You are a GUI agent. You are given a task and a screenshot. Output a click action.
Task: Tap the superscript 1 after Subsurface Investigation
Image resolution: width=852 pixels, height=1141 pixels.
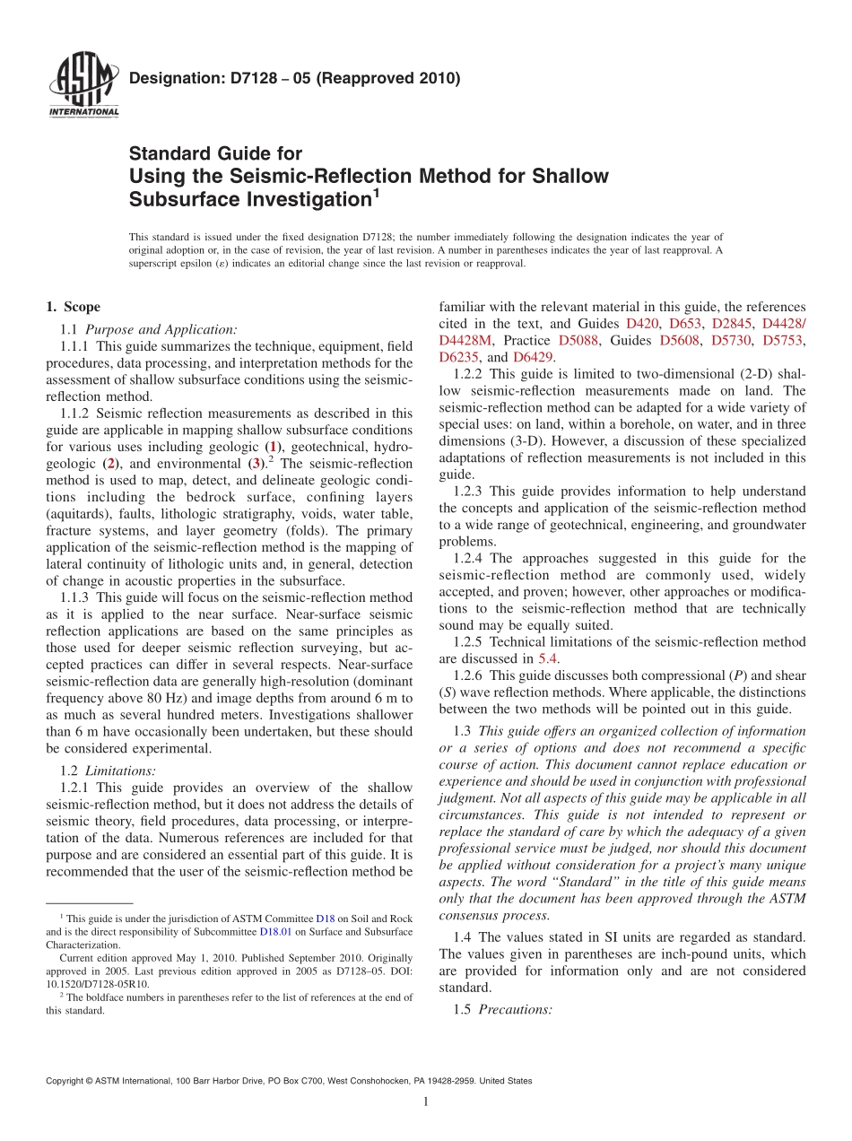tap(377, 191)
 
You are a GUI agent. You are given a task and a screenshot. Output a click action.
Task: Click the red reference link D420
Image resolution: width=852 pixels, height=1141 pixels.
tap(641, 323)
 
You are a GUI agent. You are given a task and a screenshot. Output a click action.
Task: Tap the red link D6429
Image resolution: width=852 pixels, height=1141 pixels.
tap(533, 357)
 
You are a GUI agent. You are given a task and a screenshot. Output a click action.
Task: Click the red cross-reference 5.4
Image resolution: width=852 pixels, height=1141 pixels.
tap(548, 658)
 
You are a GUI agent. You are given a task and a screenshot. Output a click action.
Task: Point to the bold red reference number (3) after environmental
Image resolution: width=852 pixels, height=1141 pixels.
tap(255, 464)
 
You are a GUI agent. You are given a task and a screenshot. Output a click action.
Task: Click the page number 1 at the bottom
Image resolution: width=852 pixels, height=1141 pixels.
tap(425, 1102)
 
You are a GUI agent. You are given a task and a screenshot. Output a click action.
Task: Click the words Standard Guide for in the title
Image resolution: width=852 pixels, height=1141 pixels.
tap(215, 154)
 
